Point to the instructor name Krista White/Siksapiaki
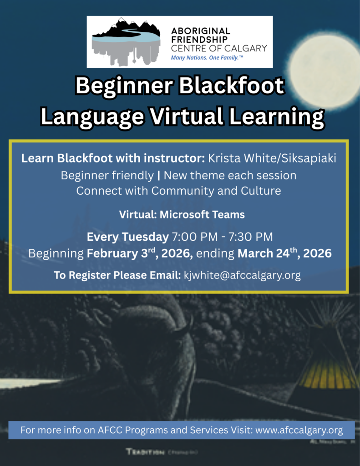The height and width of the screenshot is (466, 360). click(x=272, y=159)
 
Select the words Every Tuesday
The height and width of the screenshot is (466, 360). click(x=127, y=237)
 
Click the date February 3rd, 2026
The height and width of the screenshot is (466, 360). click(x=140, y=253)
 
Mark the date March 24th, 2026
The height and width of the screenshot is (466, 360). click(x=284, y=253)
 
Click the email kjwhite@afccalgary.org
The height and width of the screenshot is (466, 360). click(x=242, y=275)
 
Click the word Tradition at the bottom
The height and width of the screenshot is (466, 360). click(x=145, y=451)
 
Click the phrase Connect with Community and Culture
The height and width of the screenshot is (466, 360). click(x=178, y=191)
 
